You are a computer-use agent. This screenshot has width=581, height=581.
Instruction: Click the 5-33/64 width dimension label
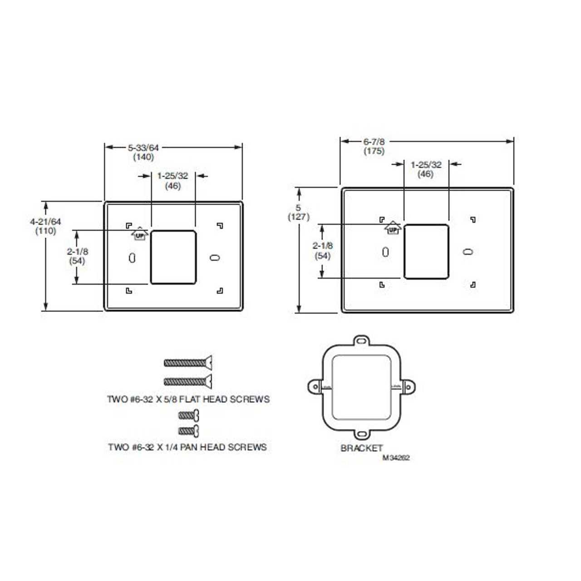pos(143,148)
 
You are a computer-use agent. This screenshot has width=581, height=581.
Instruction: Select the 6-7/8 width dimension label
pos(374,142)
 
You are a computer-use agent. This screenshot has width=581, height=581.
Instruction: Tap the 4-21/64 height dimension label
pos(45,222)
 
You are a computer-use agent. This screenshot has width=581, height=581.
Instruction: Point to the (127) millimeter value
pos(299,217)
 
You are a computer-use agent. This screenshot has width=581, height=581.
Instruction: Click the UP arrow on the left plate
pos(140,234)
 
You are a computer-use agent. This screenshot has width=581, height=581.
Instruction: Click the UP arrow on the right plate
pos(393,228)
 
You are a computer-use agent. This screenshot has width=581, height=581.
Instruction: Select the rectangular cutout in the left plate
pos(173,257)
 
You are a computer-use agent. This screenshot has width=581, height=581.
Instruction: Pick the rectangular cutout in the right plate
pos(426,251)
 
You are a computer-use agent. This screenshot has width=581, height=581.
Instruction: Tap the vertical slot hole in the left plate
pos(132,258)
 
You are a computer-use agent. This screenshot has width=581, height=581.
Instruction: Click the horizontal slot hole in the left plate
pos(214,257)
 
